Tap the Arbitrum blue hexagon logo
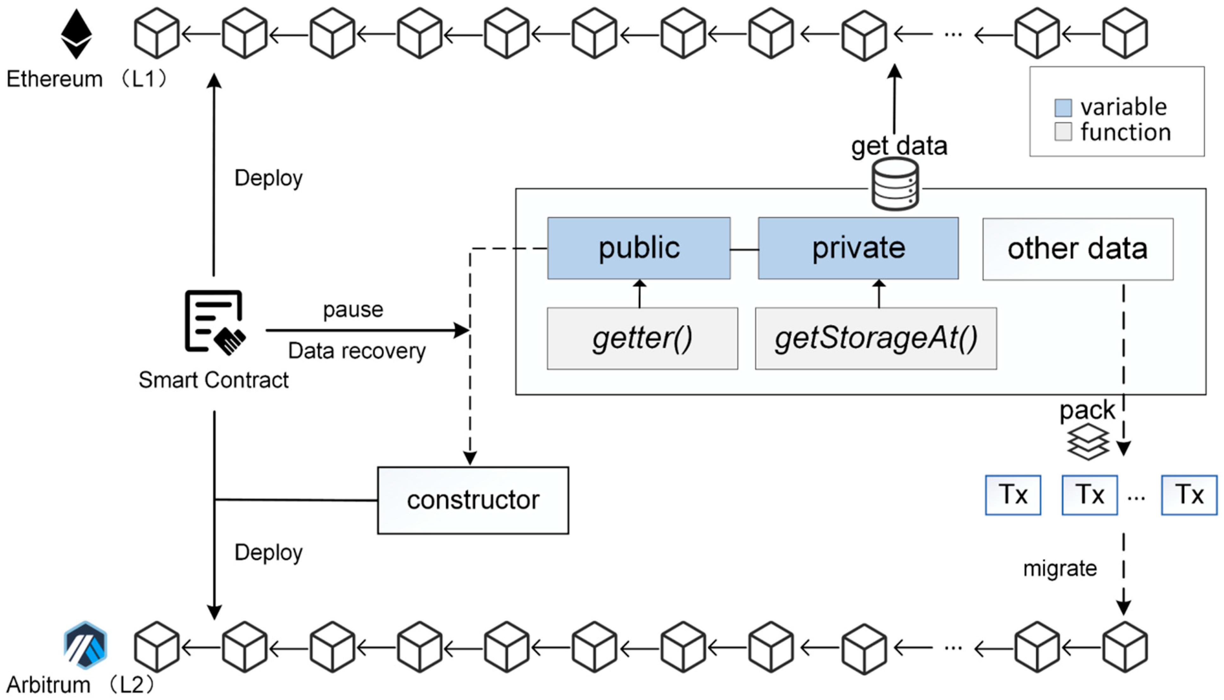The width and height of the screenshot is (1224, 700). pyautogui.click(x=85, y=645)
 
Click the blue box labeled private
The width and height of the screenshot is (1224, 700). pyautogui.click(x=858, y=248)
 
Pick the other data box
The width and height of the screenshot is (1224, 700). pyautogui.click(x=1078, y=249)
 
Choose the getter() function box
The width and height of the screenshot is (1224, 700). pyautogui.click(x=642, y=338)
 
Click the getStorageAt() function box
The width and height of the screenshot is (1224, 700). pyautogui.click(x=875, y=338)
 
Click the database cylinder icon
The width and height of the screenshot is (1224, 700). pyautogui.click(x=895, y=184)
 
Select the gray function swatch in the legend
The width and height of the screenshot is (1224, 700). pyautogui.click(x=1063, y=132)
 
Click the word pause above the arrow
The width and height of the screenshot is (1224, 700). pyautogui.click(x=353, y=310)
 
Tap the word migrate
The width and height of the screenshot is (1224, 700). pyautogui.click(x=1060, y=569)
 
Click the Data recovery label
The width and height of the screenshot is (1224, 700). pyautogui.click(x=357, y=351)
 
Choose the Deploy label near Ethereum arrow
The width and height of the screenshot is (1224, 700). pyautogui.click(x=268, y=178)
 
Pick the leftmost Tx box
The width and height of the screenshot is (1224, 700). pyautogui.click(x=1013, y=495)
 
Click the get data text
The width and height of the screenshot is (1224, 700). pyautogui.click(x=899, y=146)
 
